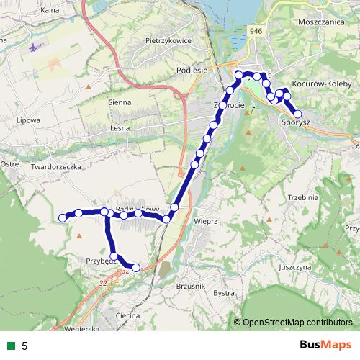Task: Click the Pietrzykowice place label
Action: coord(168,41)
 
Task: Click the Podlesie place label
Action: coord(192,71)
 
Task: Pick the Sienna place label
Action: coord(120,102)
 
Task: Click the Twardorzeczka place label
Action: coord(54,166)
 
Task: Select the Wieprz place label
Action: coord(205,222)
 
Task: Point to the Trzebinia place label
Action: coord(303,197)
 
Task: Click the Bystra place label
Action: coord(225,294)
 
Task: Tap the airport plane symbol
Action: coord(35,48)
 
